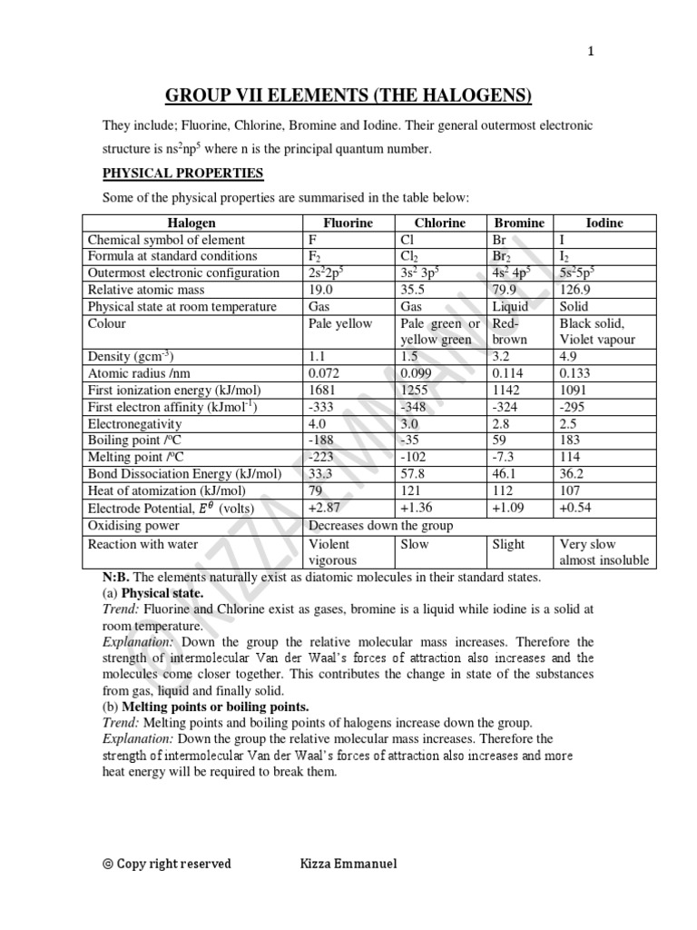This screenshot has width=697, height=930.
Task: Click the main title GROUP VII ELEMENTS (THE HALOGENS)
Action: tap(348, 96)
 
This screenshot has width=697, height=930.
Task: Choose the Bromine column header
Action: tap(518, 223)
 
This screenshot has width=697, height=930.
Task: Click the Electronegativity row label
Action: tap(134, 423)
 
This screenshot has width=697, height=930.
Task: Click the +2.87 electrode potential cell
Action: tap(327, 508)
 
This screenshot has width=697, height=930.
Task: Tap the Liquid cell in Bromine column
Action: tap(510, 307)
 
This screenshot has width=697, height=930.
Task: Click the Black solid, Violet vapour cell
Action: tap(596, 331)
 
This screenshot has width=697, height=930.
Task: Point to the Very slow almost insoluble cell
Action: tap(604, 552)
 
